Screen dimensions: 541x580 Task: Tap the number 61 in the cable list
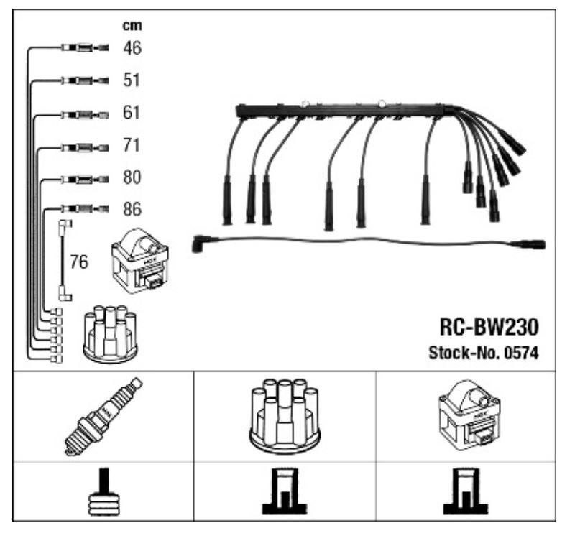(132, 114)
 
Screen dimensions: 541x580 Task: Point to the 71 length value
(132, 146)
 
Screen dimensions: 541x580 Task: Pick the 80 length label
(132, 177)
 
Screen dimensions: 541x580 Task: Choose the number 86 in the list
(132, 210)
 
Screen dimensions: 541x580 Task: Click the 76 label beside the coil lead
(79, 262)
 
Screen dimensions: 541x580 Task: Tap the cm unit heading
(131, 27)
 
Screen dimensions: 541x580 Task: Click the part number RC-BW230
(489, 328)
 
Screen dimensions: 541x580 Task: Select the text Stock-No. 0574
(484, 353)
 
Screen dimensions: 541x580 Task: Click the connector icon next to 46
(85, 49)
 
